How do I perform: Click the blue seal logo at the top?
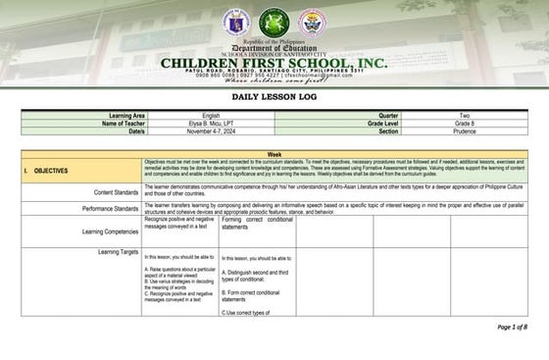(235, 22)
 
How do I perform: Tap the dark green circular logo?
(274, 22)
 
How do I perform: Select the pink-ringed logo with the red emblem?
(312, 22)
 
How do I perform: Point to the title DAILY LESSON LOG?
(274, 98)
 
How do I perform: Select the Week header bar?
(274, 155)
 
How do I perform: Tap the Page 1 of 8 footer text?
(512, 327)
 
